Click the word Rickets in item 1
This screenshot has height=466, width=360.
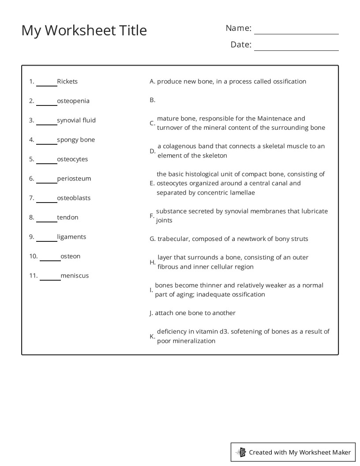click(67, 81)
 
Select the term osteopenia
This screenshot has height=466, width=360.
click(73, 101)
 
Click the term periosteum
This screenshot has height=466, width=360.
click(74, 178)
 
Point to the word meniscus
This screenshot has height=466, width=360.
click(75, 275)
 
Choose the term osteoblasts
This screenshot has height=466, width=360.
click(74, 198)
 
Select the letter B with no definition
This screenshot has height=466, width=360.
click(152, 100)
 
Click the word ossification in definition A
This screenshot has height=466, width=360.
click(289, 81)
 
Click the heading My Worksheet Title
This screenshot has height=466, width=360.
click(84, 30)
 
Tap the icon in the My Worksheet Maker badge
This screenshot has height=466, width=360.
click(241, 452)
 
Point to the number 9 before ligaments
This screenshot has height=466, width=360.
click(31, 237)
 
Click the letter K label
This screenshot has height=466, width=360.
click(152, 336)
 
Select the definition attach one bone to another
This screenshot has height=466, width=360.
click(195, 313)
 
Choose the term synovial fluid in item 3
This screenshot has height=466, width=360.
click(76, 120)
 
